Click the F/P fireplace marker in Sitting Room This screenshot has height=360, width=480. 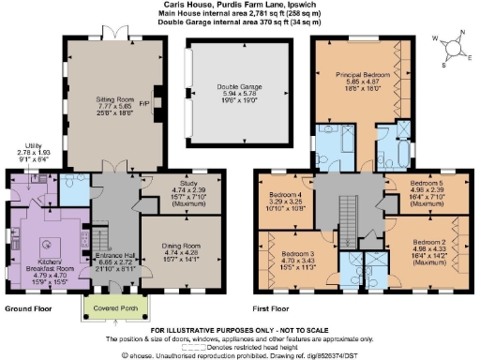[143, 105]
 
